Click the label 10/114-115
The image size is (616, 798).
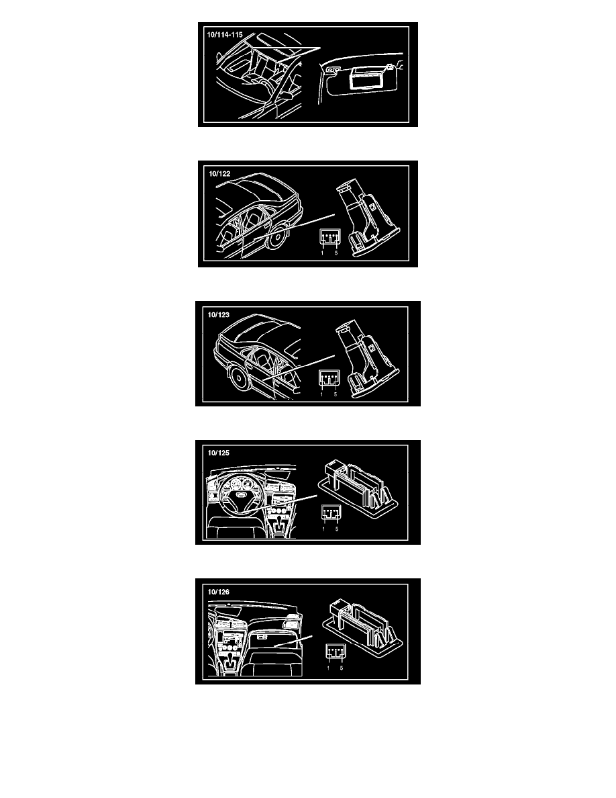click(225, 35)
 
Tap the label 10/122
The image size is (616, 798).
click(219, 174)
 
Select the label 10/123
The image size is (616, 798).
click(219, 314)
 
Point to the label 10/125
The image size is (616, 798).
click(219, 453)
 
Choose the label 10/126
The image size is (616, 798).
click(219, 592)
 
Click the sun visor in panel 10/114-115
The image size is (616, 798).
click(360, 79)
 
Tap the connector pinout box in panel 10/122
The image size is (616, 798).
click(329, 238)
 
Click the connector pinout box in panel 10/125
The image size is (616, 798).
click(330, 513)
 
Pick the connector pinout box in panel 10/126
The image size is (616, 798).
click(336, 652)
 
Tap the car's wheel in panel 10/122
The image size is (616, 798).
click(276, 238)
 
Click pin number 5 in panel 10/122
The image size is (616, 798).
click(336, 253)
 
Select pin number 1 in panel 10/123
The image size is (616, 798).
click(321, 394)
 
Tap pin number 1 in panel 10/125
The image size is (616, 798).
click(323, 529)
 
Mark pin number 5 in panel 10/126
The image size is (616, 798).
click(342, 668)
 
